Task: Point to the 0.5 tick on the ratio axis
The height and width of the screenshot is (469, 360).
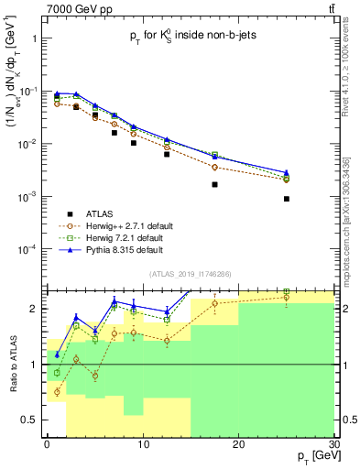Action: [x=30, y=420]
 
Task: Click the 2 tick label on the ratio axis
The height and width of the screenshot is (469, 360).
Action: [x=35, y=309]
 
